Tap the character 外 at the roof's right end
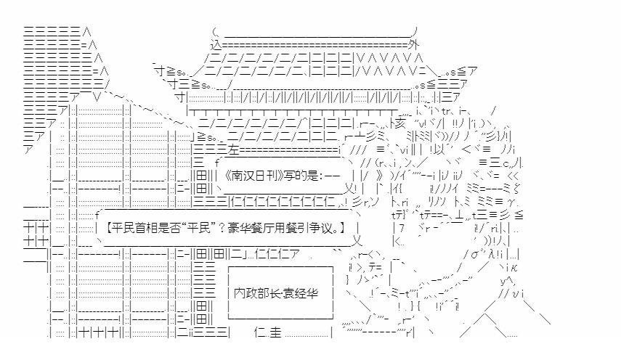pos(413,45)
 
